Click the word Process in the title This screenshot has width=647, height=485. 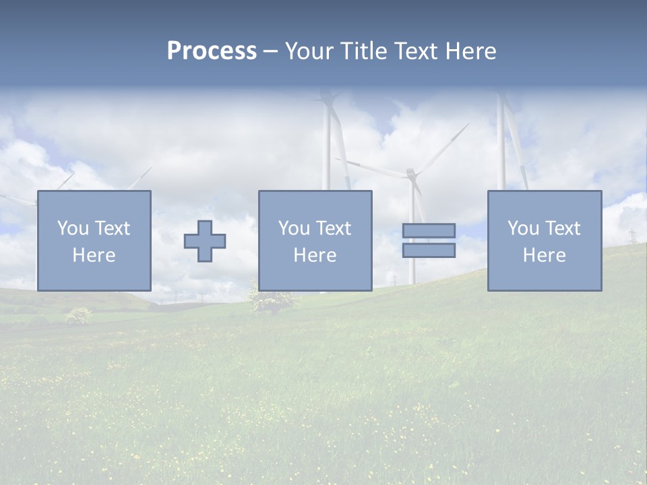pyautogui.click(x=212, y=51)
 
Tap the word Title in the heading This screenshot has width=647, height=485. pyautogui.click(x=363, y=51)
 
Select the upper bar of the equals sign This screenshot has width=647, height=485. pyautogui.click(x=429, y=231)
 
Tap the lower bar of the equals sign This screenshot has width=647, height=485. pyautogui.click(x=429, y=250)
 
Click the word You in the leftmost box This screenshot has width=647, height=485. pyautogui.click(x=72, y=228)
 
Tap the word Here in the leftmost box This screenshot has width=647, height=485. pyautogui.click(x=94, y=255)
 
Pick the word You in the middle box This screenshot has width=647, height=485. pyautogui.click(x=294, y=228)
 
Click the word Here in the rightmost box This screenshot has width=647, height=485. pyautogui.click(x=544, y=255)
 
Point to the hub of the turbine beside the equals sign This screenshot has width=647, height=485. pyautogui.click(x=410, y=174)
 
